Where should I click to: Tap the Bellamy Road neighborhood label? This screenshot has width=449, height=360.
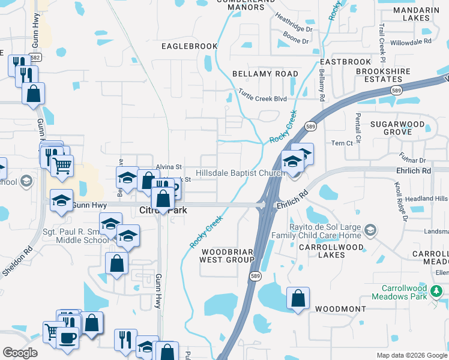pyautogui.click(x=265, y=73)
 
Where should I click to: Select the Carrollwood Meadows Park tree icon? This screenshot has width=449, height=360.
pyautogui.click(x=436, y=292)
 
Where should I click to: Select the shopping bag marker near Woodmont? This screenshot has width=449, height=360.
pyautogui.click(x=298, y=298)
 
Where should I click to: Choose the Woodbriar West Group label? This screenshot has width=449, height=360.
pyautogui.click(x=228, y=256)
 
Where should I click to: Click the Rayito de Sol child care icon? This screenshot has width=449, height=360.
pyautogui.click(x=370, y=230)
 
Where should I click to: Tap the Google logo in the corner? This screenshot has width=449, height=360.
pyautogui.click(x=20, y=353)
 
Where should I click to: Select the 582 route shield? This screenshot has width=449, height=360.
pyautogui.click(x=35, y=58)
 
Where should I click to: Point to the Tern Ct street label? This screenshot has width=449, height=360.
pyautogui.click(x=342, y=143)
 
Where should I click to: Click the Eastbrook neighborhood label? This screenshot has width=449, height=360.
pyautogui.click(x=346, y=62)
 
